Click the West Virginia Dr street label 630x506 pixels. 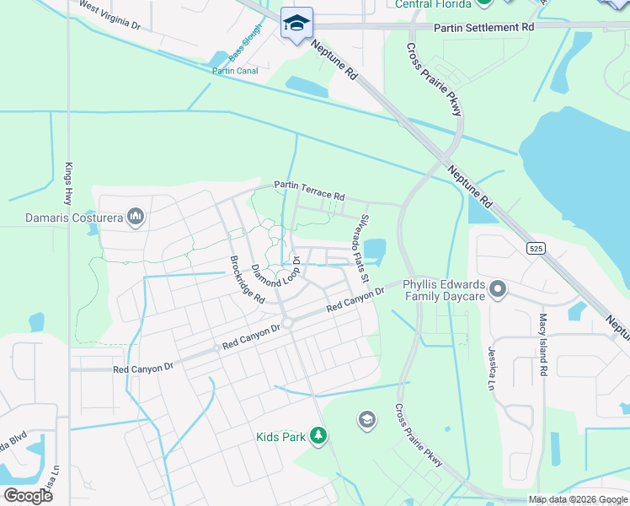[109, 15]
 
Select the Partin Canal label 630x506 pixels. [235, 71]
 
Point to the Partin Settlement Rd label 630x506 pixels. [484, 28]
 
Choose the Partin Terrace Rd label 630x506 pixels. [309, 191]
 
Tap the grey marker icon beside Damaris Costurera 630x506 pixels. [136, 218]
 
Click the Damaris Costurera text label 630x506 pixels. [73, 219]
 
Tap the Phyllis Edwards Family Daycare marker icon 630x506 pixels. [498, 290]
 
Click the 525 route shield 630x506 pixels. [536, 248]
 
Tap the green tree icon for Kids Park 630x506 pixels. [318, 435]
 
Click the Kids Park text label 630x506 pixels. [280, 437]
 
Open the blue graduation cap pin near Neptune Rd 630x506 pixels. [296, 23]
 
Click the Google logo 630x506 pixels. [28, 496]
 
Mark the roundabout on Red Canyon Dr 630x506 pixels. [287, 322]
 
